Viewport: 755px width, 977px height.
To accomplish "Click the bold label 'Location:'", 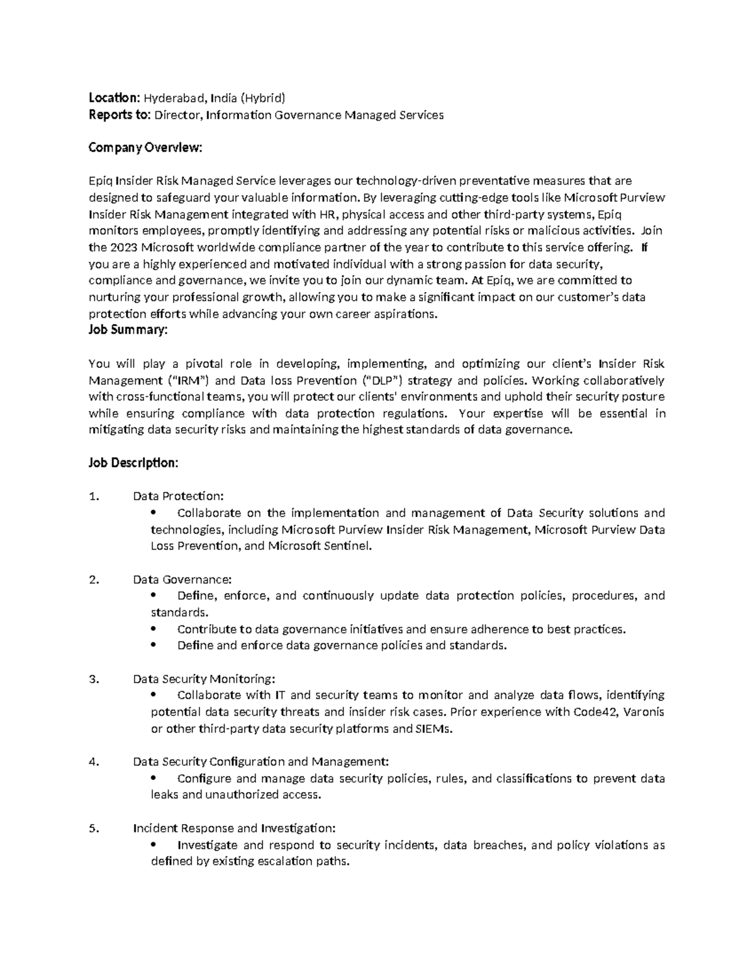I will [x=114, y=98].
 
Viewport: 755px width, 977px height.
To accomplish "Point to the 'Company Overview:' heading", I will [x=145, y=148].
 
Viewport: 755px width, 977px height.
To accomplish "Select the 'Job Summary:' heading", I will [x=128, y=330].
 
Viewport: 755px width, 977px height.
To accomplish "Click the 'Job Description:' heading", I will [x=133, y=463].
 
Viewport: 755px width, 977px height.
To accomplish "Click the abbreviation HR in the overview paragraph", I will [x=328, y=215].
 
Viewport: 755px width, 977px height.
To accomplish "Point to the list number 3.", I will [x=94, y=679].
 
